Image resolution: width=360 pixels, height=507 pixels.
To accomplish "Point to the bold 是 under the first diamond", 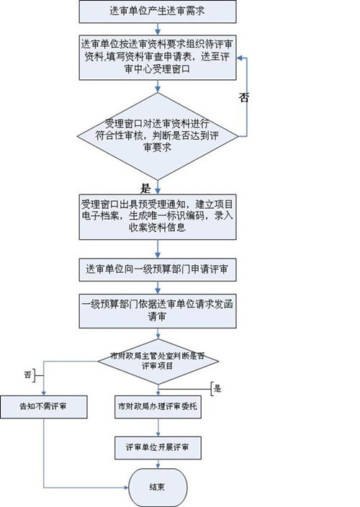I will [x=145, y=188].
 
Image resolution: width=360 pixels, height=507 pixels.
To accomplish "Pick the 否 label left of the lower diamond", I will [x=30, y=374].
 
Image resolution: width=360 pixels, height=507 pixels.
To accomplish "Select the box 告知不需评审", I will [x=45, y=407].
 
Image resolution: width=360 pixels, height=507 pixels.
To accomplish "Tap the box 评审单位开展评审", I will [x=156, y=447].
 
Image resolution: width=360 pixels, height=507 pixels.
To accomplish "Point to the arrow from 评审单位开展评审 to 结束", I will [x=156, y=465].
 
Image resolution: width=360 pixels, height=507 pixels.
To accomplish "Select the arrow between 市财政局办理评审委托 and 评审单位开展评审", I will [x=156, y=426].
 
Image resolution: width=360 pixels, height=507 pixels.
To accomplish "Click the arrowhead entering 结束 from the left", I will [x=127, y=486].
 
